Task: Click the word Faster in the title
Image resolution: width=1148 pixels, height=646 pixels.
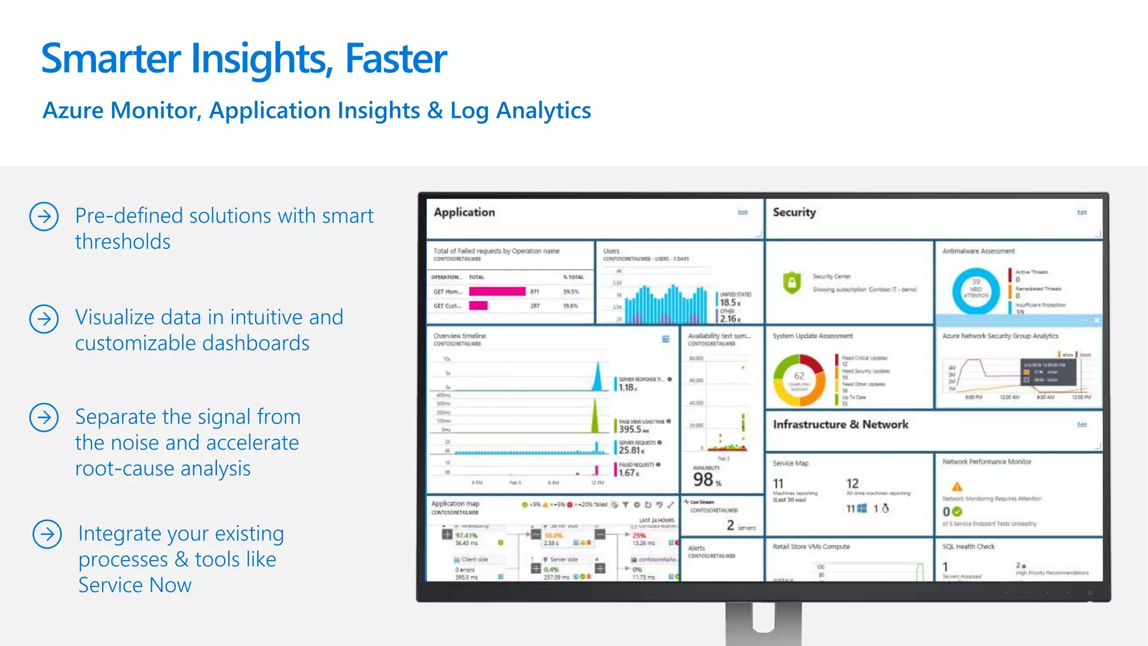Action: point(396,58)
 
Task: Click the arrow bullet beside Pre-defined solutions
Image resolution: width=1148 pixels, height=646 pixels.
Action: point(44,216)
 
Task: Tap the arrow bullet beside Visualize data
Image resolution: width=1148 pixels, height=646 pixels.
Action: point(44,319)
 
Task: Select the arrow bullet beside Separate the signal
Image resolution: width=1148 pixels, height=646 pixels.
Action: point(44,417)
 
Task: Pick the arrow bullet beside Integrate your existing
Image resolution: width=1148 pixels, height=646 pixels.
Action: point(47,534)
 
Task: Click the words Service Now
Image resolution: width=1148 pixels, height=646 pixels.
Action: point(135,585)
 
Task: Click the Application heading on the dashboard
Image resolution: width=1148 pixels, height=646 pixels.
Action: point(464,213)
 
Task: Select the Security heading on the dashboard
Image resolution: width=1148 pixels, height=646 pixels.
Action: point(794,213)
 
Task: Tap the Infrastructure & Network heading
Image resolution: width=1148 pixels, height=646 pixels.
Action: point(840,424)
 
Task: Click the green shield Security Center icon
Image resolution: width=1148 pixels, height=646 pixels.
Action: point(791,282)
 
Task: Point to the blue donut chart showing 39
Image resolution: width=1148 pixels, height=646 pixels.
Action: point(975,290)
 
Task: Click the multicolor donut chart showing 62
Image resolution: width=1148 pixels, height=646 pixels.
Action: point(799,380)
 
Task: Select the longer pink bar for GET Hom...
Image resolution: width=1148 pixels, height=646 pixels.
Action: point(497,292)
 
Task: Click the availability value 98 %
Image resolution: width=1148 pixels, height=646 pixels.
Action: point(706,479)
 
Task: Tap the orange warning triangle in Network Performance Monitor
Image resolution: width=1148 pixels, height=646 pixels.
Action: point(957,486)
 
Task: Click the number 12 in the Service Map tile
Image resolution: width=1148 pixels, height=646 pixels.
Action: point(852,483)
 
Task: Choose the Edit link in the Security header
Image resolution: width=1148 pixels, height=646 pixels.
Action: point(1082,213)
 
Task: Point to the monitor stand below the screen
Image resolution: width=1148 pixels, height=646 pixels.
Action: point(763,622)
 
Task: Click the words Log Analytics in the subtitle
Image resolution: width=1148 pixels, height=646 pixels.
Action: point(520,110)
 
